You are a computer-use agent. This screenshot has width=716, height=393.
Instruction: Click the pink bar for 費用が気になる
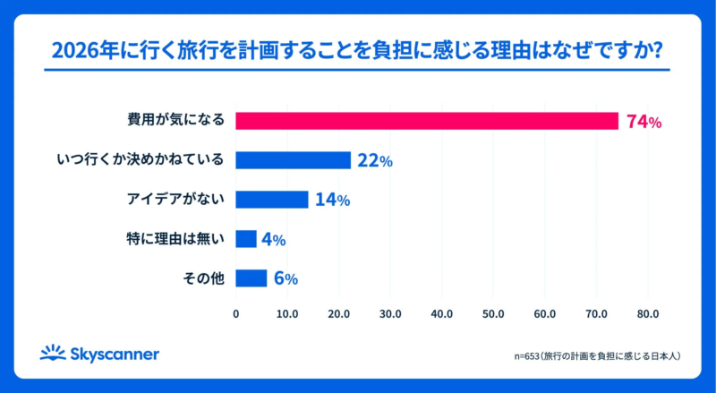427,121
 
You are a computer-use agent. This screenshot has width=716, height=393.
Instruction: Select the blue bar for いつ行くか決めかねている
293,160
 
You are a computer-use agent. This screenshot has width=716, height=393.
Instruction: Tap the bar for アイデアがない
272,200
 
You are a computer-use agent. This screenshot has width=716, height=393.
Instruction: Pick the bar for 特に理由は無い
246,239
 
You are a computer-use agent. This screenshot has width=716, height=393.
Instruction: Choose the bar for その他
251,278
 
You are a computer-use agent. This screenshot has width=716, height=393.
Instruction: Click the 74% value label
644,122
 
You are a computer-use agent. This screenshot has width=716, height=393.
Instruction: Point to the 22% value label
375,161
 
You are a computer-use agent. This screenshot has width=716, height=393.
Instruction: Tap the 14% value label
332,201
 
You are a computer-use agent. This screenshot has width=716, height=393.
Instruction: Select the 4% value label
273,240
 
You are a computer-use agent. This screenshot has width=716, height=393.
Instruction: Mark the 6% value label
286,279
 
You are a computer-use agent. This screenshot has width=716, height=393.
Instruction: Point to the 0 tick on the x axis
235,314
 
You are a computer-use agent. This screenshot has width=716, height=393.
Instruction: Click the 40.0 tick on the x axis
441,314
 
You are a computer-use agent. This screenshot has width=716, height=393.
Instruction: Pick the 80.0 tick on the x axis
648,314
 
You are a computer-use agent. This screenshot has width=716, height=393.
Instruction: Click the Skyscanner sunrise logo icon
53,353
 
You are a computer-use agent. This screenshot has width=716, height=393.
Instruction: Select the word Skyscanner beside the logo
115,355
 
